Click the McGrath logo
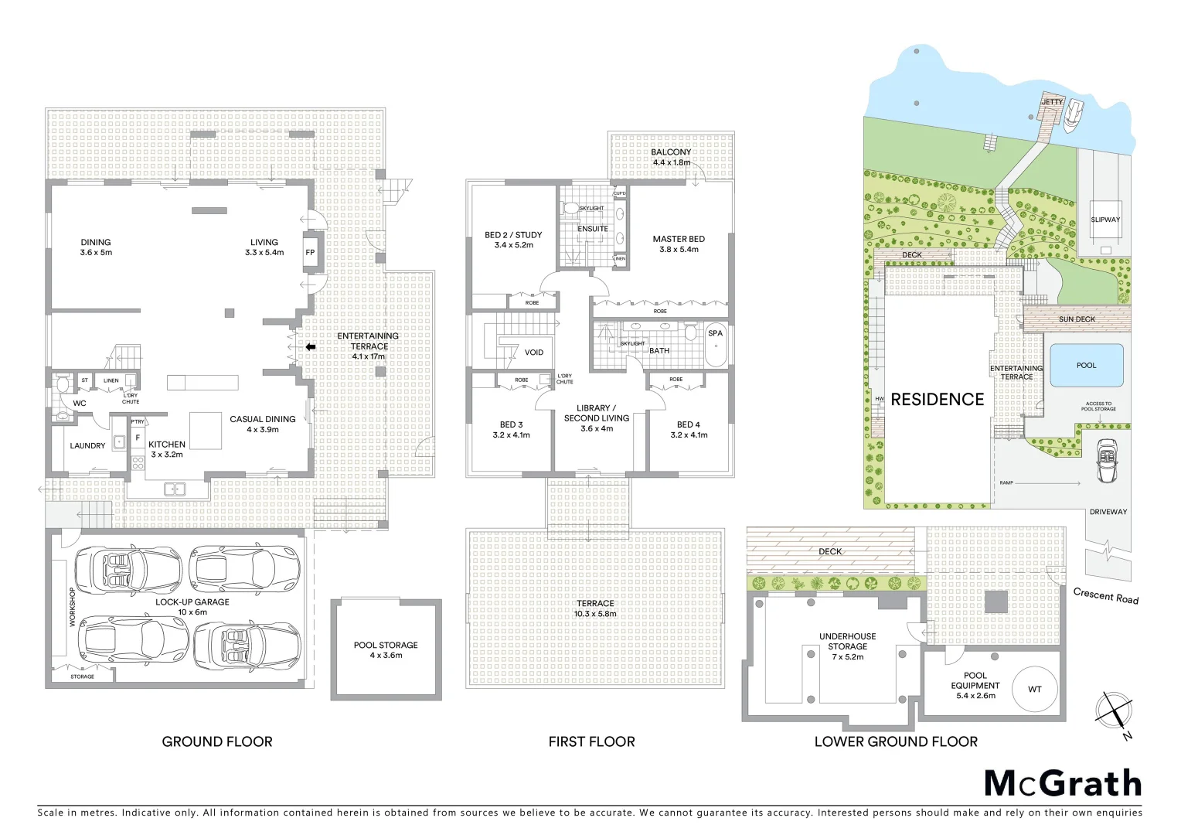[x=1063, y=783]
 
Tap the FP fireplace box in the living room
[x=310, y=252]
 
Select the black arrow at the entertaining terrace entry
[x=310, y=347]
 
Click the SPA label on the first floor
[x=715, y=333]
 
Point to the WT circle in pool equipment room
[x=1034, y=690]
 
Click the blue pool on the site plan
[x=1086, y=365]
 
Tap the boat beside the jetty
[x=1073, y=116]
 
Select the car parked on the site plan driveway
[x=1107, y=462]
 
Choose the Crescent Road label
[x=1105, y=595]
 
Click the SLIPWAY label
[x=1104, y=220]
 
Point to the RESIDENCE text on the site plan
[x=937, y=400]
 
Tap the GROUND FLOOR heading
[x=217, y=741]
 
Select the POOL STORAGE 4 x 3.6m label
[x=386, y=649]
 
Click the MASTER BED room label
[x=679, y=244]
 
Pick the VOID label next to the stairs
[x=533, y=353]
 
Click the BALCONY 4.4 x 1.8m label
[x=671, y=157]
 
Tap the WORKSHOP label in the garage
[x=73, y=607]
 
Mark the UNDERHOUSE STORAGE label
[x=847, y=646]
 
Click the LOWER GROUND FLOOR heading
[x=896, y=741]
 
